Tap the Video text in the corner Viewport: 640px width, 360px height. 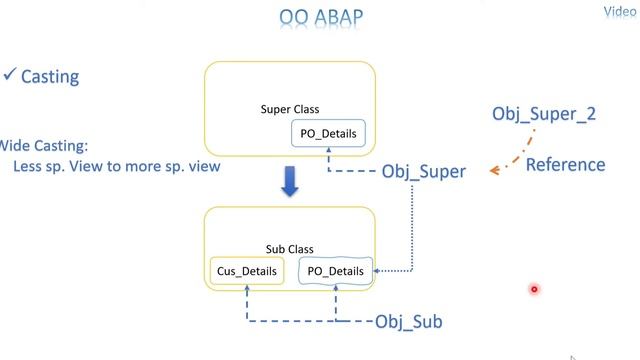click(x=620, y=12)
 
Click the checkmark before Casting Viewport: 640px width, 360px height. click(x=9, y=76)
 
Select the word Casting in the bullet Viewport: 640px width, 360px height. click(x=50, y=77)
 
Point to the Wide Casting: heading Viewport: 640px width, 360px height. click(x=36, y=145)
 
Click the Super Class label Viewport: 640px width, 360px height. click(x=290, y=109)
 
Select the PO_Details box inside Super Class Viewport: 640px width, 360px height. click(x=327, y=133)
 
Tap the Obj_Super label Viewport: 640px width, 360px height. click(x=423, y=171)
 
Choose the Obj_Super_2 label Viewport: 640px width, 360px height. click(x=544, y=114)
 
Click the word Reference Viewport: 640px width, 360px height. click(x=565, y=164)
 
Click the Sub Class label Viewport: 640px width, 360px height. click(x=290, y=249)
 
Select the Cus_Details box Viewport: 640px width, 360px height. click(x=246, y=270)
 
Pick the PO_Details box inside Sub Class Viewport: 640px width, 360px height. click(x=334, y=270)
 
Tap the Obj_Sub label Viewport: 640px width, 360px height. click(x=408, y=321)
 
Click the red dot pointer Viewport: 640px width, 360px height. click(x=534, y=290)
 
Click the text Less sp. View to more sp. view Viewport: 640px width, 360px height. click(x=116, y=166)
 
